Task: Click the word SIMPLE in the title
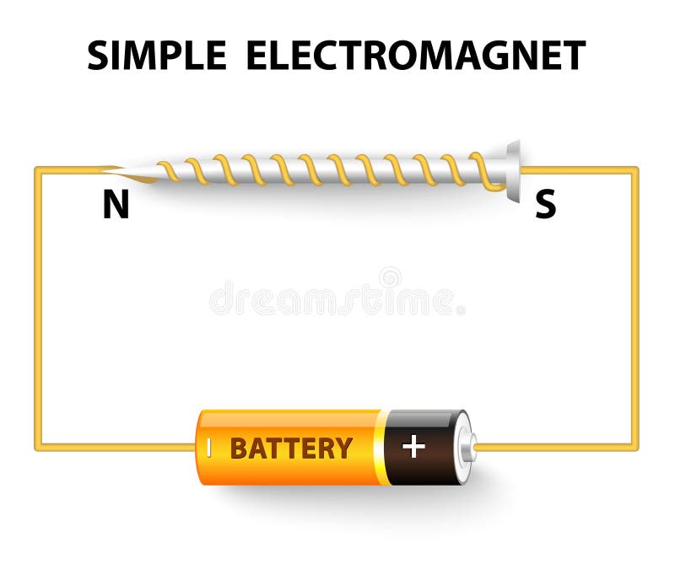tap(157, 56)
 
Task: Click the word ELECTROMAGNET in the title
tap(415, 56)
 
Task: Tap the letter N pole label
tap(116, 206)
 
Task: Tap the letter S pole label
tap(546, 206)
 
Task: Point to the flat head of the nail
tap(513, 171)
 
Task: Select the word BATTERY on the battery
tap(291, 448)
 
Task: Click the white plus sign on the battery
tap(413, 447)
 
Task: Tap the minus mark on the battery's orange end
tap(208, 447)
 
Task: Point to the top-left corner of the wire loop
tap(38, 170)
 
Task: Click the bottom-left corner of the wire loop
tap(38, 447)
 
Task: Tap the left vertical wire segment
tap(38, 308)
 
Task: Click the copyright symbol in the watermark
tap(390, 277)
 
